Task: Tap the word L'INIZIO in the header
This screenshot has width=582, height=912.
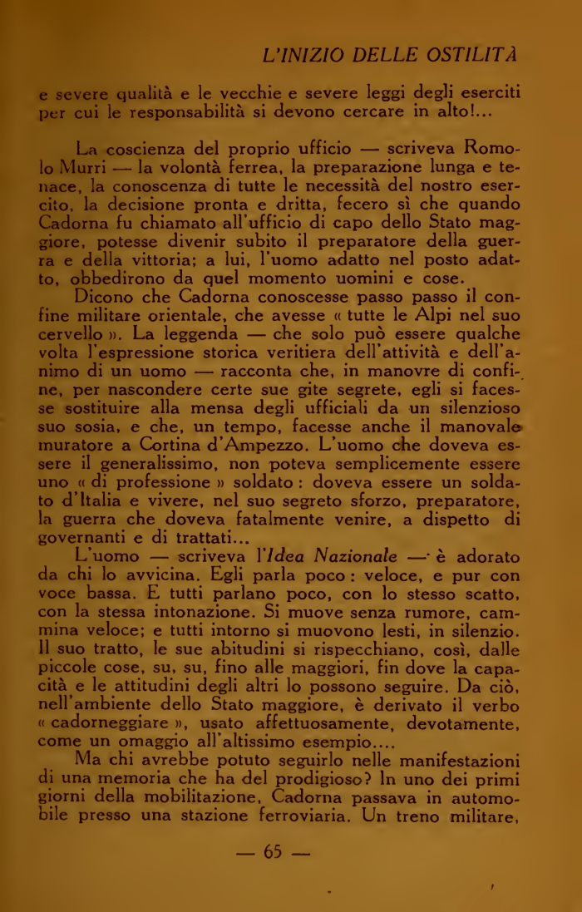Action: [x=298, y=56]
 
